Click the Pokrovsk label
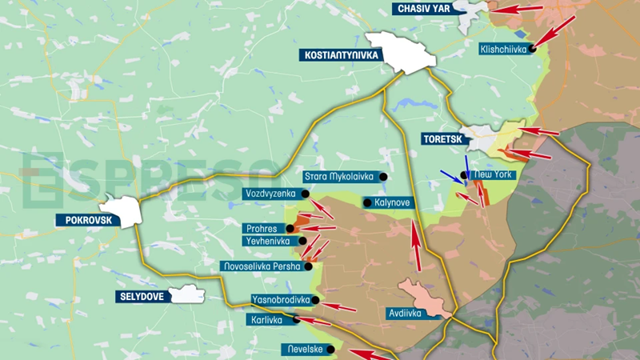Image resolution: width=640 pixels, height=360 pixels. coord(82,218)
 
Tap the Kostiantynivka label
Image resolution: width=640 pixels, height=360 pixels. coord(339,55)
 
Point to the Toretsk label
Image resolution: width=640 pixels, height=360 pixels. coord(442,139)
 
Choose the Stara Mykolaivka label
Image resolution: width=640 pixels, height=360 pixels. coord(340,177)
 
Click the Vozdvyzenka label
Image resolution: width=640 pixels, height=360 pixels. coord(271,194)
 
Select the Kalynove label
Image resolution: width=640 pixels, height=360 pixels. coord(391,203)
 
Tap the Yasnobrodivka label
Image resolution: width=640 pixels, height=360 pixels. coord(279,300)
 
